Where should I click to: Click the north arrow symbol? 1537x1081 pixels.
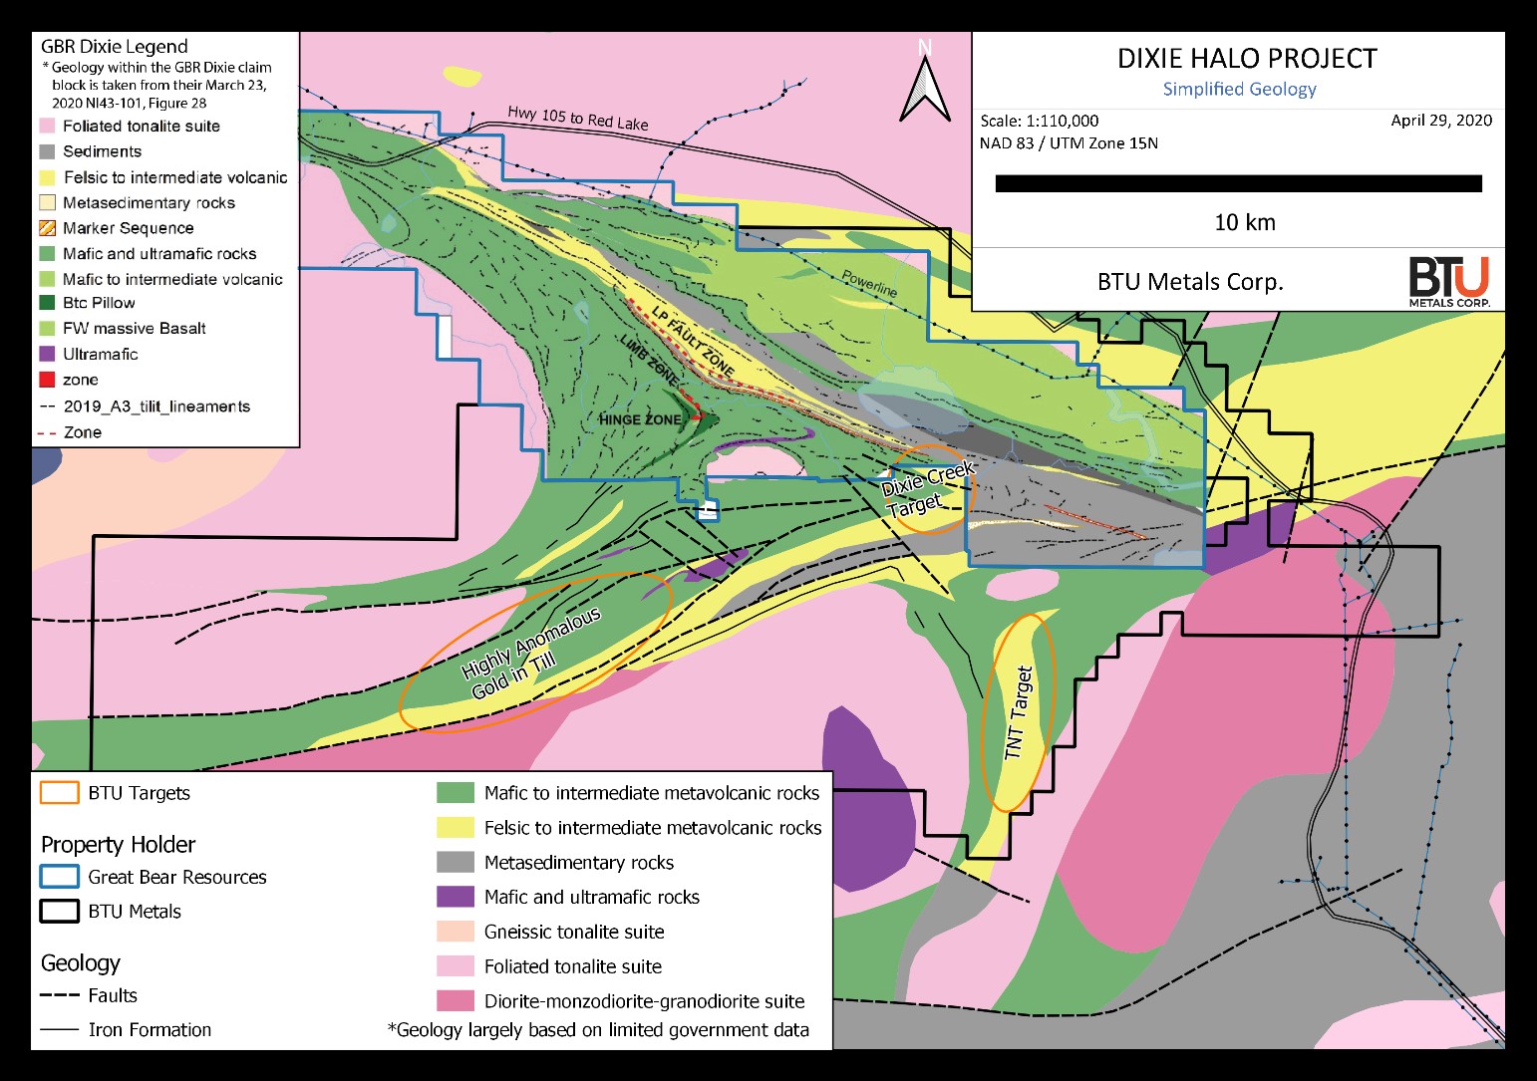[924, 84]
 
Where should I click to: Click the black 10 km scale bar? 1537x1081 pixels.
[1238, 183]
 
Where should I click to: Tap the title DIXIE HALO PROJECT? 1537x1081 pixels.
[1246, 59]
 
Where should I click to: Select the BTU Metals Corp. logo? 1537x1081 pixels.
[1448, 282]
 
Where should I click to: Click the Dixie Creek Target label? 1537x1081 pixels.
[926, 490]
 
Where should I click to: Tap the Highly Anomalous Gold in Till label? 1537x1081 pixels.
[532, 655]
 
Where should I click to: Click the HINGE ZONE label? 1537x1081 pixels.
[639, 419]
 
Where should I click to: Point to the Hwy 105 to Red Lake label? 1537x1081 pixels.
[577, 118]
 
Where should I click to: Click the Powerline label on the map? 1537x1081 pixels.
[869, 283]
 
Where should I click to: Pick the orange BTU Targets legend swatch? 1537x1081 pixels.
[59, 793]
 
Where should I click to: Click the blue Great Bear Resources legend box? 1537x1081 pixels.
[59, 877]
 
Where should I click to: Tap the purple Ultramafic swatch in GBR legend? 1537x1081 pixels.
[47, 354]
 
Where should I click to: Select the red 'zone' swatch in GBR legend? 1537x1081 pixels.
[47, 380]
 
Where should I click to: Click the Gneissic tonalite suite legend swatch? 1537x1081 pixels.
[455, 932]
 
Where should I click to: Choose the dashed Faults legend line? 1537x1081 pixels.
[59, 995]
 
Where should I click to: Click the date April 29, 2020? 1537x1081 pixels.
[1440, 121]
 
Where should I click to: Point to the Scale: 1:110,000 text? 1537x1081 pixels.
[1039, 121]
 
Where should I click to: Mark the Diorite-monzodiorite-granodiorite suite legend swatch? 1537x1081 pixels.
[455, 1001]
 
